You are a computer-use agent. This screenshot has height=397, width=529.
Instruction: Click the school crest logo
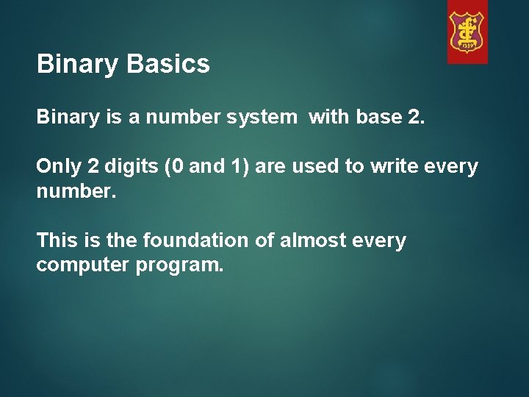pyautogui.click(x=467, y=32)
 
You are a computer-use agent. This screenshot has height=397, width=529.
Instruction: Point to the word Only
pyautogui.click(x=59, y=167)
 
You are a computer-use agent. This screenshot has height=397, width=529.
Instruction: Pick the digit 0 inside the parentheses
pyautogui.click(x=178, y=167)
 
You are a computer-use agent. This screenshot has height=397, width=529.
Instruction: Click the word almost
pyautogui.click(x=309, y=240)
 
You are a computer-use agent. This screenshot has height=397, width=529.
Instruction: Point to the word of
pyautogui.click(x=263, y=240)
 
